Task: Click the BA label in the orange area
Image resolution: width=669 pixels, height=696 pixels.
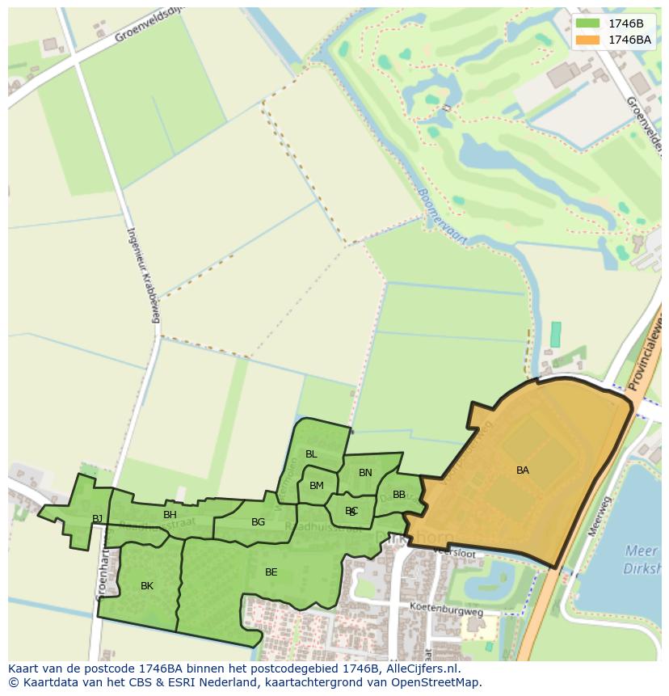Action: coord(523,470)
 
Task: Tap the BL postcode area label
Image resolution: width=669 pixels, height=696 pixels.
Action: coord(311,454)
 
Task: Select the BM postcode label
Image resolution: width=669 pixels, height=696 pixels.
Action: coord(317,486)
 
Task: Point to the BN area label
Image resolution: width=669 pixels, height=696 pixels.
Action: coord(365,473)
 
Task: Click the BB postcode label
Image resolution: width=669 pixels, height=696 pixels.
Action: coord(399,495)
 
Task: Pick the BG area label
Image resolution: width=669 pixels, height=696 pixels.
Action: coord(258,522)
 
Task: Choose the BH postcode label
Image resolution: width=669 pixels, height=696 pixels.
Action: coord(170,515)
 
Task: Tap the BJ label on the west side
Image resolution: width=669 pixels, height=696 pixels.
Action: coord(97,519)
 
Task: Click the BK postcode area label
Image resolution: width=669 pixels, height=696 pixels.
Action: coord(147,586)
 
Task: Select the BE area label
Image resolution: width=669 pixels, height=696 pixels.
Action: coord(271,572)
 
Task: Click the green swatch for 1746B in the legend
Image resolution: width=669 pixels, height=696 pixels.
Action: coord(588,23)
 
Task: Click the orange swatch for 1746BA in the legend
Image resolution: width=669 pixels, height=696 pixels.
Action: coord(588,40)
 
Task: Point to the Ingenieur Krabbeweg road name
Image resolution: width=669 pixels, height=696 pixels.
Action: coord(141,275)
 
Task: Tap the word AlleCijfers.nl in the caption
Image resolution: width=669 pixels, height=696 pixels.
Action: coord(420,669)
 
